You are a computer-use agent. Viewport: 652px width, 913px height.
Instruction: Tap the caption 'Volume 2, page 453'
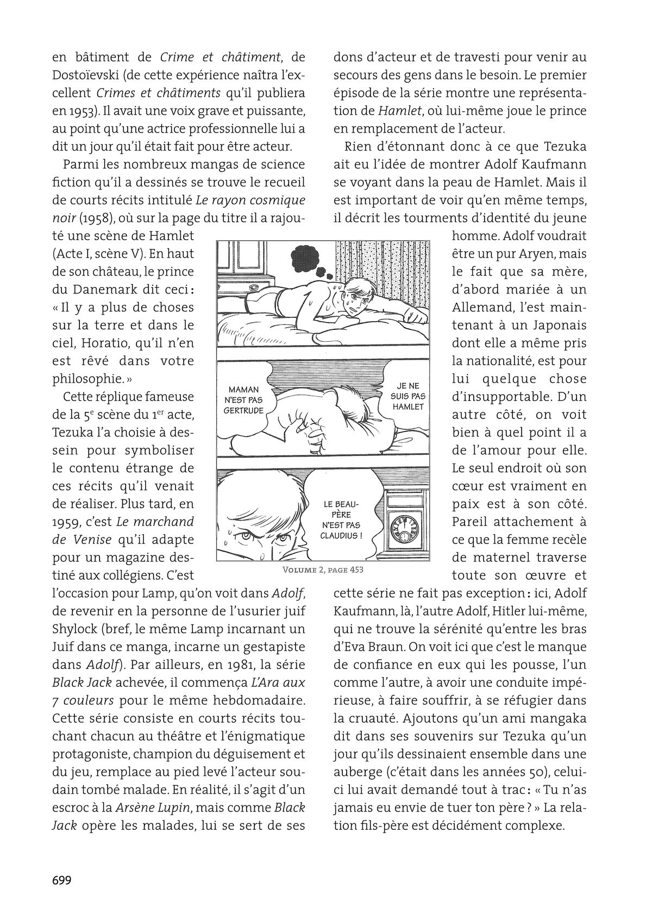[323, 570]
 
